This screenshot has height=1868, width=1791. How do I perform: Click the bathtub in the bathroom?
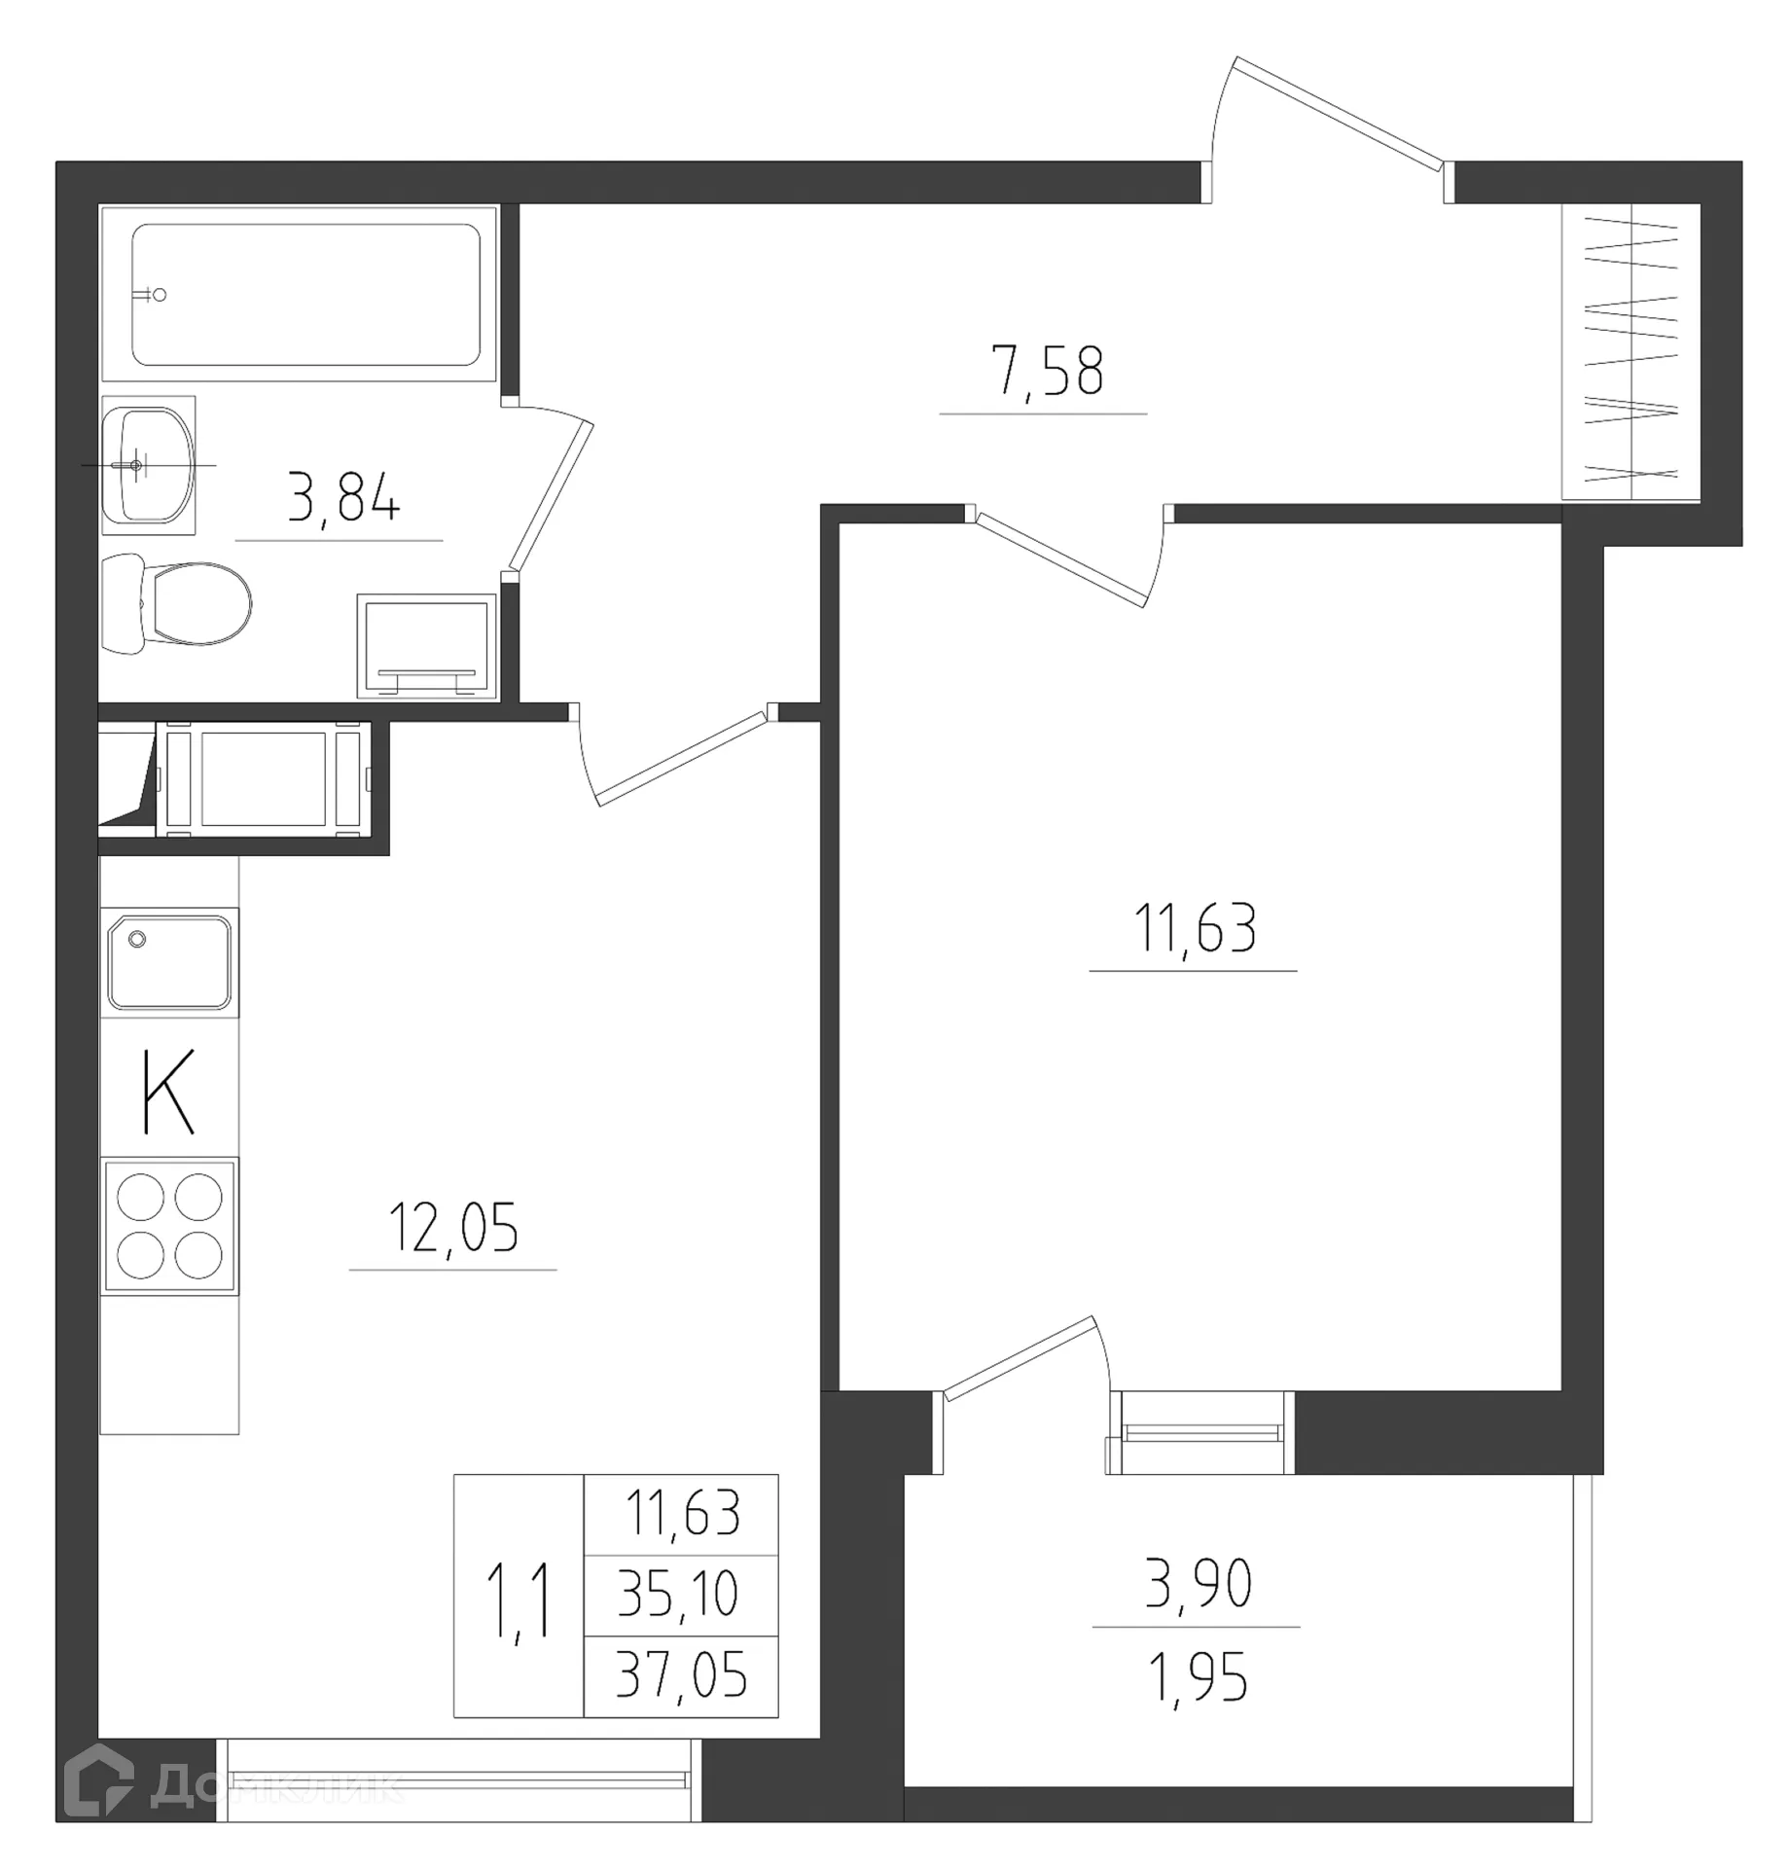(305, 294)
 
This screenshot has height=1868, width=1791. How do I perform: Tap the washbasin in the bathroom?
(148, 465)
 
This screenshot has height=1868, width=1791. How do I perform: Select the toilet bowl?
(185, 603)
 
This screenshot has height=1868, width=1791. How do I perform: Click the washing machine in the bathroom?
(426, 645)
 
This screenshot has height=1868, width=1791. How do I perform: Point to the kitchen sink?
(169, 961)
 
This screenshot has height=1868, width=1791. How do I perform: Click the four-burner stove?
(169, 1225)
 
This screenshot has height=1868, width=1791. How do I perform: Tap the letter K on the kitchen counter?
(168, 1091)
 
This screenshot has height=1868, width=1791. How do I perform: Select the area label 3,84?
(342, 497)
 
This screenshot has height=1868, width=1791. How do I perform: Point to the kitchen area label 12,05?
(452, 1228)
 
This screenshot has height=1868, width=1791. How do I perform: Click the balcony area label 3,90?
(1198, 1583)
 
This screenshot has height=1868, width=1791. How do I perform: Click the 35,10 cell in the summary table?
(679, 1595)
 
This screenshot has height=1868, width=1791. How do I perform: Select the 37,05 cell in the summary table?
(680, 1676)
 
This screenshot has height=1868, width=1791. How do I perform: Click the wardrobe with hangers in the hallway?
(1630, 351)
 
